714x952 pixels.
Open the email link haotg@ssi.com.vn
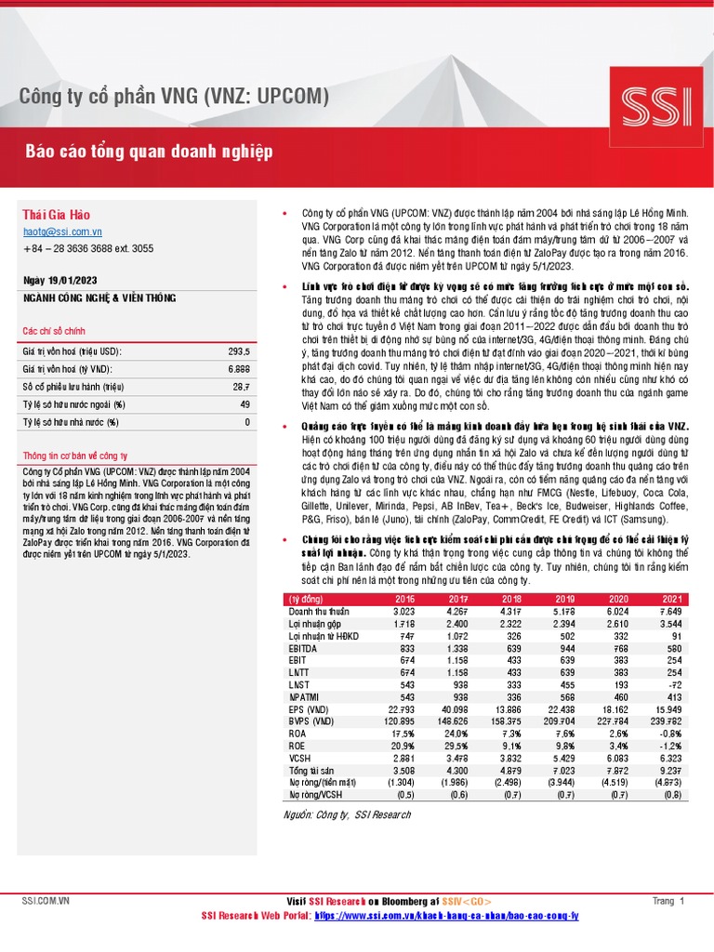[62, 232]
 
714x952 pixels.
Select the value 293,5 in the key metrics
[239, 351]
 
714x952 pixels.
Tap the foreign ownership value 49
[245, 404]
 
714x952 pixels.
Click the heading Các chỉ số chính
[53, 332]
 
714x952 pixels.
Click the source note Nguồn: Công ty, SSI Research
[347, 814]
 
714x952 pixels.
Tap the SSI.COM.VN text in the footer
[46, 901]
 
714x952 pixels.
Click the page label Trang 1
[668, 901]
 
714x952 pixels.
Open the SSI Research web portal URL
[446, 916]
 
